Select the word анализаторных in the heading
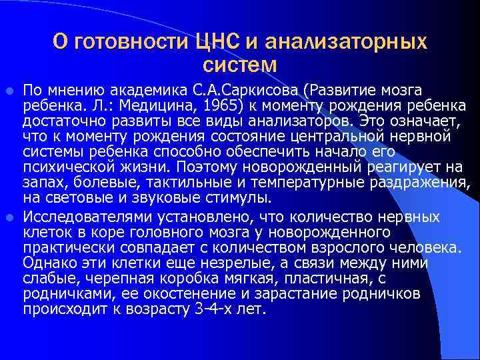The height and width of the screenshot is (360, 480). pyautogui.click(x=345, y=42)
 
